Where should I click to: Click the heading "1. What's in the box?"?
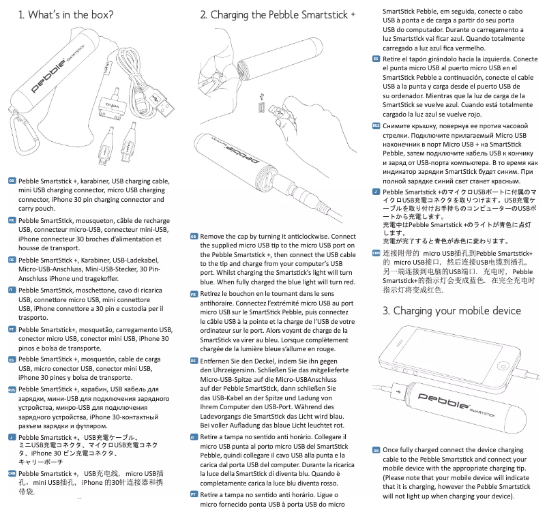(x=65, y=14)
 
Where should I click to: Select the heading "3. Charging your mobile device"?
(x=452, y=311)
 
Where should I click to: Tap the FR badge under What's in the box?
(x=12, y=222)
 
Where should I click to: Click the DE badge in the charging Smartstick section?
(x=194, y=360)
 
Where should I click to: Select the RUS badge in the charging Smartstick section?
(x=376, y=125)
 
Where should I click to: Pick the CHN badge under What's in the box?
(x=12, y=473)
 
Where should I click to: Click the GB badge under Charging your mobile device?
(x=376, y=450)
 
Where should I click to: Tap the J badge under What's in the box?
(x=12, y=436)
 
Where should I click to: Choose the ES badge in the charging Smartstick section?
(x=376, y=59)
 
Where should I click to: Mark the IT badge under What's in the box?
(x=12, y=290)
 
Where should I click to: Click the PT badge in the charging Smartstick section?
(x=194, y=494)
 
